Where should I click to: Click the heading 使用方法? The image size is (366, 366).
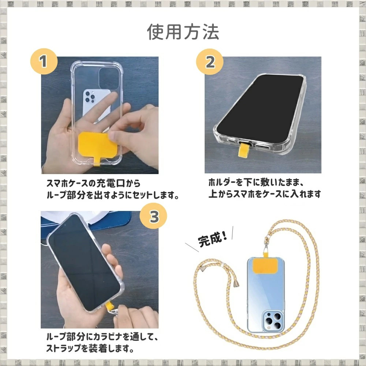click(183, 32)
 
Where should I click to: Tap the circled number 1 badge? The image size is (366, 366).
click(44, 61)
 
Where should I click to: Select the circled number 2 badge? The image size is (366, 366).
click(210, 62)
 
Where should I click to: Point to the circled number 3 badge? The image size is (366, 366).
click(153, 216)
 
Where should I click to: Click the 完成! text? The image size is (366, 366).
click(213, 239)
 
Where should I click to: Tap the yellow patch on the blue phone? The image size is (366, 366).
click(265, 266)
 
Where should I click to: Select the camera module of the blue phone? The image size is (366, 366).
click(273, 321)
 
